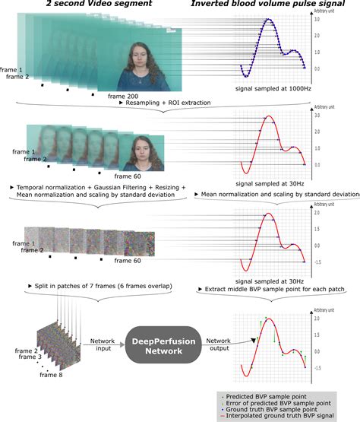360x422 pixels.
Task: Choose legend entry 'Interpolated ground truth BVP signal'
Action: coord(285,417)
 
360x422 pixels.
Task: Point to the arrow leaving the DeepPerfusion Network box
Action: coord(218,335)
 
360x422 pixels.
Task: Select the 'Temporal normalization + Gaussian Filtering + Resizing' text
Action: coord(98,187)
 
